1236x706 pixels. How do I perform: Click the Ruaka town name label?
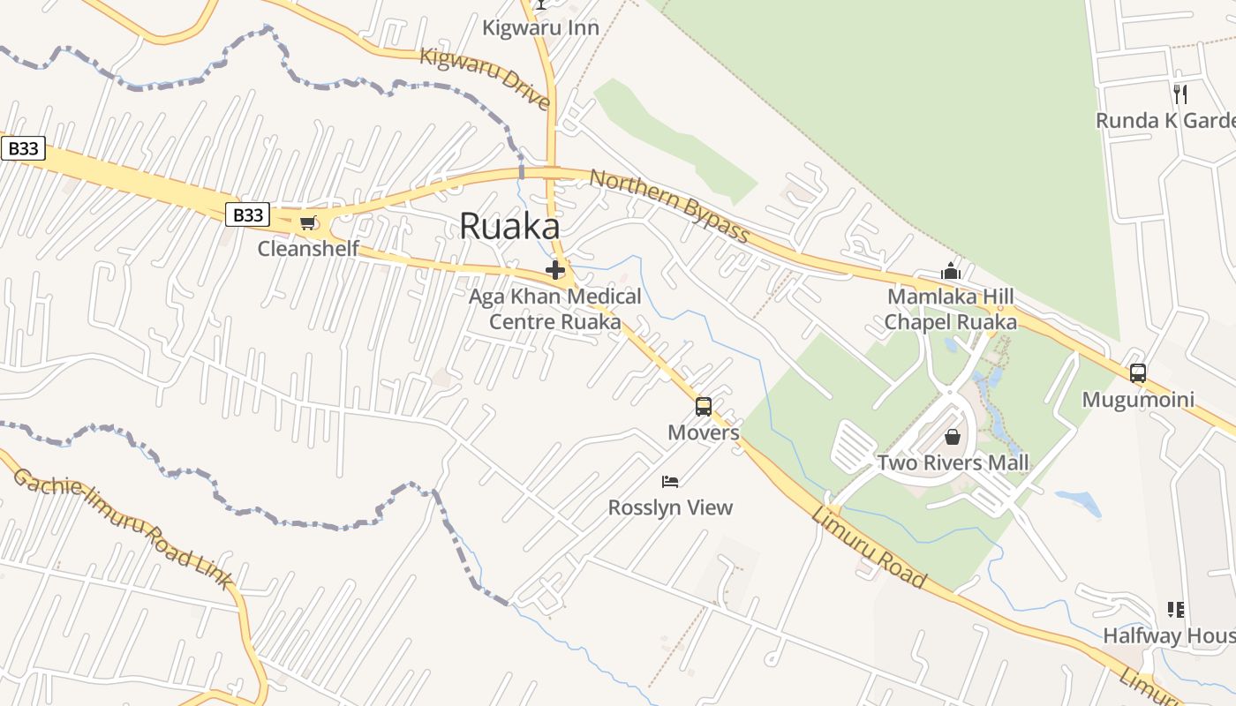[x=509, y=227]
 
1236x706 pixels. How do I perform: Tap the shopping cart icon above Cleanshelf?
[x=307, y=222]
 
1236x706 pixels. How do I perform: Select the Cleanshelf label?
[x=308, y=249]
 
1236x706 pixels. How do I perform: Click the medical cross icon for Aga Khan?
[x=555, y=269]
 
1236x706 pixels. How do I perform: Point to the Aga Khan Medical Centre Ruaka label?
[x=555, y=309]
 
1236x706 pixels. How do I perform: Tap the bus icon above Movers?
[x=704, y=407]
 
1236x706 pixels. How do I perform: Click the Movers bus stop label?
[x=704, y=432]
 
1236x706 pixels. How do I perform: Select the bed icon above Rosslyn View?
[x=670, y=482]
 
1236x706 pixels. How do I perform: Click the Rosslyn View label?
[x=670, y=507]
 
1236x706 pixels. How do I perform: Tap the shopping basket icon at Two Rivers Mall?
[x=953, y=437]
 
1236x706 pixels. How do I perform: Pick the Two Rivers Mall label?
[x=953, y=462]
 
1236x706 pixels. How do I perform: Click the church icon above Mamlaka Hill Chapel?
[x=951, y=271]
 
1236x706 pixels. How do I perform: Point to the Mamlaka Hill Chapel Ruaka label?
[x=951, y=309]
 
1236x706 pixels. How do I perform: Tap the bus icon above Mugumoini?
[x=1138, y=373]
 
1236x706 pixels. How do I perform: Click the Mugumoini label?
[x=1138, y=400]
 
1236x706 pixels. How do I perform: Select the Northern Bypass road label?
[x=669, y=206]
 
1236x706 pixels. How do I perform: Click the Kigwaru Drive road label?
[x=485, y=78]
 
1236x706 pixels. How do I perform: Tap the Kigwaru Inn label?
[x=540, y=28]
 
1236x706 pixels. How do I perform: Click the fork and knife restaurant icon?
[x=1180, y=94]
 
